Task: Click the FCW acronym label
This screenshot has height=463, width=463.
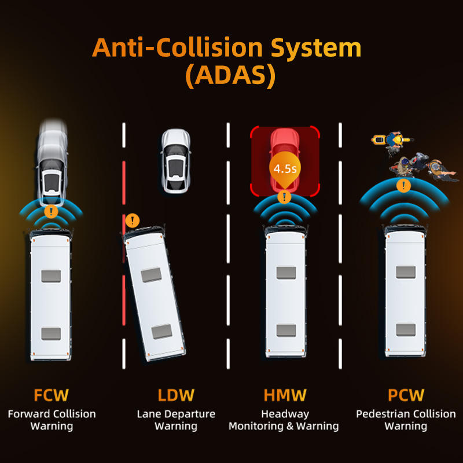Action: coord(51,395)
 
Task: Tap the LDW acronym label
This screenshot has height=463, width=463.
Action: coord(176,395)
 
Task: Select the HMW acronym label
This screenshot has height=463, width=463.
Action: coord(285,395)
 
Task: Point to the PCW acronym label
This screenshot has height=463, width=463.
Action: coord(406,395)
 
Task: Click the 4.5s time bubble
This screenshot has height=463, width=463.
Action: coord(285,168)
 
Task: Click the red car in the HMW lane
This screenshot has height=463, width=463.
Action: coord(285,160)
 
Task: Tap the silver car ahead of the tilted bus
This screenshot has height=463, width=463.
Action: coord(176,161)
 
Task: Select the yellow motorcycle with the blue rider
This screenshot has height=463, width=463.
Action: coord(392,139)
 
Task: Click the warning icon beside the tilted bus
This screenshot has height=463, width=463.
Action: coord(133,221)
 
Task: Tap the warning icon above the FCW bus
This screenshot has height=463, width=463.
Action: coord(51,211)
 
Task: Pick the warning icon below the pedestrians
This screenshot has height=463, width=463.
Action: coord(403,186)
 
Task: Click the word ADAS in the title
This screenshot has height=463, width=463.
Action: coord(230,75)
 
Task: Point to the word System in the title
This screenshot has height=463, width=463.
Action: coord(316,48)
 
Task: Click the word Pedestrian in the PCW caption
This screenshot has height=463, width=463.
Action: coord(382,414)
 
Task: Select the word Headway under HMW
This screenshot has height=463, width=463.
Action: coord(285,414)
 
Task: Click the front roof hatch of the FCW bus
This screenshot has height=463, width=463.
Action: coord(51,276)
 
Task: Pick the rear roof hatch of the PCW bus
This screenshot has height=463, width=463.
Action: coord(406,330)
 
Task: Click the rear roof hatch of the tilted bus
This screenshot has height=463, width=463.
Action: coord(162,332)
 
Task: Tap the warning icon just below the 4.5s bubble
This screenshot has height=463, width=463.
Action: coord(284,197)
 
